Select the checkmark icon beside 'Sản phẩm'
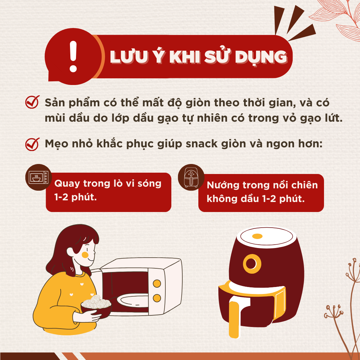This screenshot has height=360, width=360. coord(32,103)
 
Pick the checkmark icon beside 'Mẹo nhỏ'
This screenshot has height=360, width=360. coord(32,144)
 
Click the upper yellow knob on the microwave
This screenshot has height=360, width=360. coord(157,283)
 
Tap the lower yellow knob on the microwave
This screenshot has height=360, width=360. coord(157,298)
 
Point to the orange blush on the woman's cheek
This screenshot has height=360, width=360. coord(85,255)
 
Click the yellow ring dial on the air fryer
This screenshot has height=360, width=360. coord(252,264)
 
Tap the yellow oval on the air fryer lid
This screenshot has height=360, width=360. coord(257,236)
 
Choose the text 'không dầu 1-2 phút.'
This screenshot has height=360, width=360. coord(256,199)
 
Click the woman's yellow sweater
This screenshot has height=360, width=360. coord(60,300)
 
